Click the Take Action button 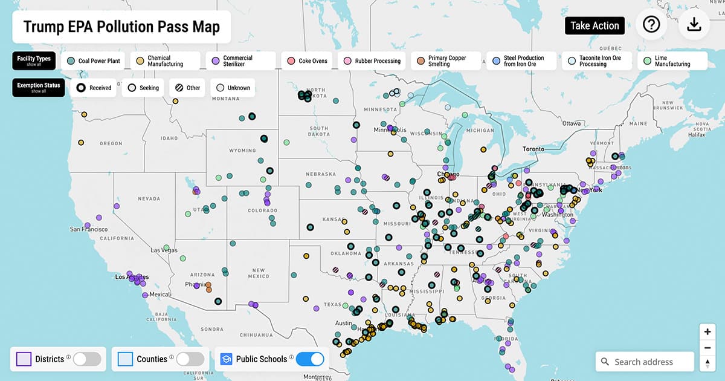pyautogui.click(x=594, y=25)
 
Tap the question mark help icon pyautogui.click(x=651, y=24)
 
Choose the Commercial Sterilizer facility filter pyautogui.click(x=240, y=61)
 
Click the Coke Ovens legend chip pyautogui.click(x=308, y=61)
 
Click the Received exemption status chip pyautogui.click(x=95, y=88)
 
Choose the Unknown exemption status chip pyautogui.click(x=233, y=88)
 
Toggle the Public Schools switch pyautogui.click(x=310, y=359)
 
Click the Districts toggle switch pyautogui.click(x=87, y=359)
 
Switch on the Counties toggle pyautogui.click(x=190, y=359)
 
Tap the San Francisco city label pyautogui.click(x=89, y=230)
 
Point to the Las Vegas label pyautogui.click(x=164, y=250)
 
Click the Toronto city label pyautogui.click(x=533, y=149)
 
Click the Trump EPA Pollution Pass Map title pyautogui.click(x=121, y=27)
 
